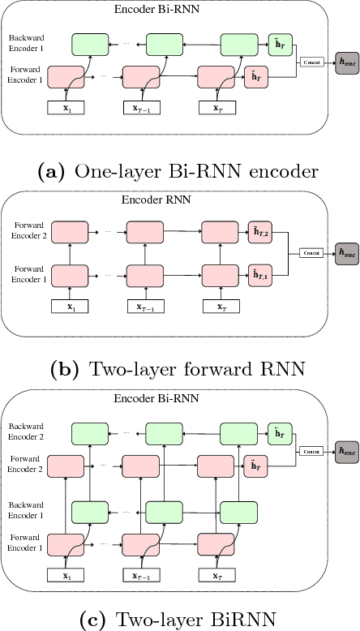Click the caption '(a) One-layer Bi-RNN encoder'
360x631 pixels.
click(x=179, y=171)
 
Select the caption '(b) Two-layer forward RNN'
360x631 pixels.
click(x=179, y=369)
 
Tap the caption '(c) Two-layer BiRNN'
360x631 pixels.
click(x=179, y=620)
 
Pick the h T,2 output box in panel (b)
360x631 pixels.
click(x=260, y=234)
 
